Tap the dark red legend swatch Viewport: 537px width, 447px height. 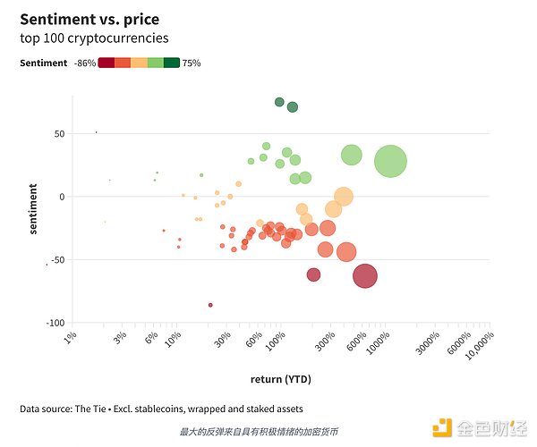(106, 63)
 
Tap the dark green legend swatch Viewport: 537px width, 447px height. (172, 63)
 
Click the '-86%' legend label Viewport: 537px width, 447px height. (83, 63)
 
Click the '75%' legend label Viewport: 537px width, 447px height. (192, 63)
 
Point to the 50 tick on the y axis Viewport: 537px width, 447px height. (58, 134)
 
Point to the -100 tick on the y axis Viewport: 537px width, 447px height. (55, 323)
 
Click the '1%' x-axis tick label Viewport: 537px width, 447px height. (71, 338)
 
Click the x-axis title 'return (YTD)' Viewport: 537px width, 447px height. (281, 380)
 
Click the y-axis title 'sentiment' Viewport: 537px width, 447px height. (33, 209)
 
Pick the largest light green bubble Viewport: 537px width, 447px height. (390, 162)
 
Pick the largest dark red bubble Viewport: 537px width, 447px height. (364, 276)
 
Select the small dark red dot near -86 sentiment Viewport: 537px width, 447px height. (210, 305)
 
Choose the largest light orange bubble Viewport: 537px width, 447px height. (343, 197)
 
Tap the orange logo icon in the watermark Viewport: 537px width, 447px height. (442, 427)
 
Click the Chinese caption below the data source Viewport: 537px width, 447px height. (259, 432)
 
